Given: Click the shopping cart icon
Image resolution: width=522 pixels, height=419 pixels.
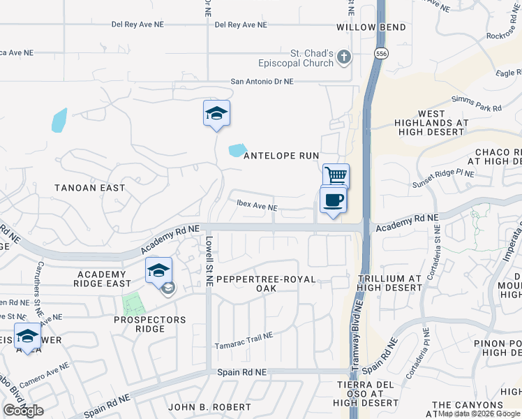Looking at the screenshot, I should [x=336, y=175].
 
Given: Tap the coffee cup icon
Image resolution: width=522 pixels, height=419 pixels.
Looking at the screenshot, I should [x=333, y=200].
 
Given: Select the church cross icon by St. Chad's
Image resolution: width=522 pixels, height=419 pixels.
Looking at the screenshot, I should [x=343, y=59].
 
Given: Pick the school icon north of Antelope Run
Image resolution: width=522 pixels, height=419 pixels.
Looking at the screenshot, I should [x=216, y=113].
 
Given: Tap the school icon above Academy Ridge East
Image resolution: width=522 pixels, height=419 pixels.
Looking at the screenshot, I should [x=158, y=270].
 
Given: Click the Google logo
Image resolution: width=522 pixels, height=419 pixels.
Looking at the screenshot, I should [x=24, y=410].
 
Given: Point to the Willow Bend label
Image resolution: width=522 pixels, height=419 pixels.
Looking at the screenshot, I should [x=361, y=27].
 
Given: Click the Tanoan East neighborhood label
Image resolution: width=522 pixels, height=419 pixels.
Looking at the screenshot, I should [x=91, y=187].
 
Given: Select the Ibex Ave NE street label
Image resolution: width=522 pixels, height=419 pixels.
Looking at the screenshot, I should [x=257, y=207].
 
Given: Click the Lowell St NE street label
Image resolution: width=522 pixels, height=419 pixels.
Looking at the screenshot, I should [x=209, y=260].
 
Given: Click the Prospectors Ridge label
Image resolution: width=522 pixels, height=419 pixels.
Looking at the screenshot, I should [x=150, y=324].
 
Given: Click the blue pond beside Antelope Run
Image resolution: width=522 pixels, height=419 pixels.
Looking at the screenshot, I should [x=237, y=149].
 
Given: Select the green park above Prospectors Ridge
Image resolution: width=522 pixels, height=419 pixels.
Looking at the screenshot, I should [x=131, y=303].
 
